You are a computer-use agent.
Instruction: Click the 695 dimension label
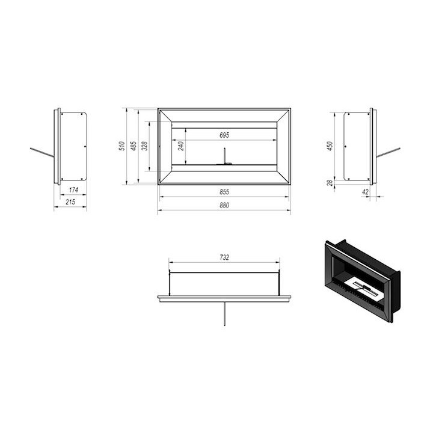[x=224, y=135]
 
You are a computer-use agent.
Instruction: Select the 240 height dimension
[x=181, y=146]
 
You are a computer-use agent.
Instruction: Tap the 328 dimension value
[x=144, y=146]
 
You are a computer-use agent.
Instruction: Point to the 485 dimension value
[x=134, y=146]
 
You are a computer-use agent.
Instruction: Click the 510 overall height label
[x=121, y=146]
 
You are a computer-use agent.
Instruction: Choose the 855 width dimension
[x=224, y=192]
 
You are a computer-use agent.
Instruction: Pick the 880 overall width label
[x=224, y=205]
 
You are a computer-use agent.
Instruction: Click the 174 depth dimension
[x=73, y=190]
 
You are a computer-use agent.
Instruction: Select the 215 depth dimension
[x=70, y=202]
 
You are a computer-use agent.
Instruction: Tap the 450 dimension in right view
[x=330, y=146]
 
